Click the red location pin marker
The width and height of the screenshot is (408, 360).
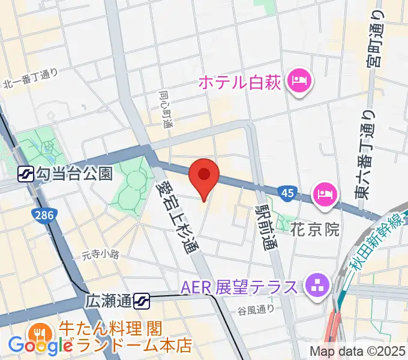203,176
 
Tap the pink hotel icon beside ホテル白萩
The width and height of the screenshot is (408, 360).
298,81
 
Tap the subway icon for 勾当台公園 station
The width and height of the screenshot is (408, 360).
26,174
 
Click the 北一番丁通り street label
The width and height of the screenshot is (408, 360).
31,79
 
